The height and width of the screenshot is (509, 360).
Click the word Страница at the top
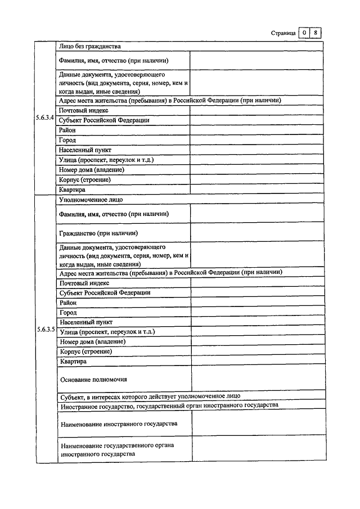(x=283, y=33)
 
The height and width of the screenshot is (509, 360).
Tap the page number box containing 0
(x=304, y=33)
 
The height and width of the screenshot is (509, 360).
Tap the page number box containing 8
(x=316, y=33)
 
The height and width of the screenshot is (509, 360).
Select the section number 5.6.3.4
(x=46, y=118)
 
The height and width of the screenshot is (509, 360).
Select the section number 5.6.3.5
(x=46, y=329)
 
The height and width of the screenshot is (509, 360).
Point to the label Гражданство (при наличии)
(x=98, y=232)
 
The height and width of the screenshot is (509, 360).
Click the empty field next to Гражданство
(x=257, y=232)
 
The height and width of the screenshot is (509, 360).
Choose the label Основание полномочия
(x=93, y=380)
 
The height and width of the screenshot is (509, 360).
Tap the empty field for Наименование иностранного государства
(x=257, y=423)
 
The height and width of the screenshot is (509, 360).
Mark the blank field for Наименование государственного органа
(x=257, y=449)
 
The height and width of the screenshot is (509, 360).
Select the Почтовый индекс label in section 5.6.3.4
(x=84, y=110)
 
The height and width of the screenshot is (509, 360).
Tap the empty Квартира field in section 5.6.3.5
(x=257, y=361)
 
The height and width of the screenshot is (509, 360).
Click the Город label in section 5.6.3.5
(x=68, y=312)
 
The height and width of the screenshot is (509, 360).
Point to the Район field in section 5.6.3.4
(x=256, y=130)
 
